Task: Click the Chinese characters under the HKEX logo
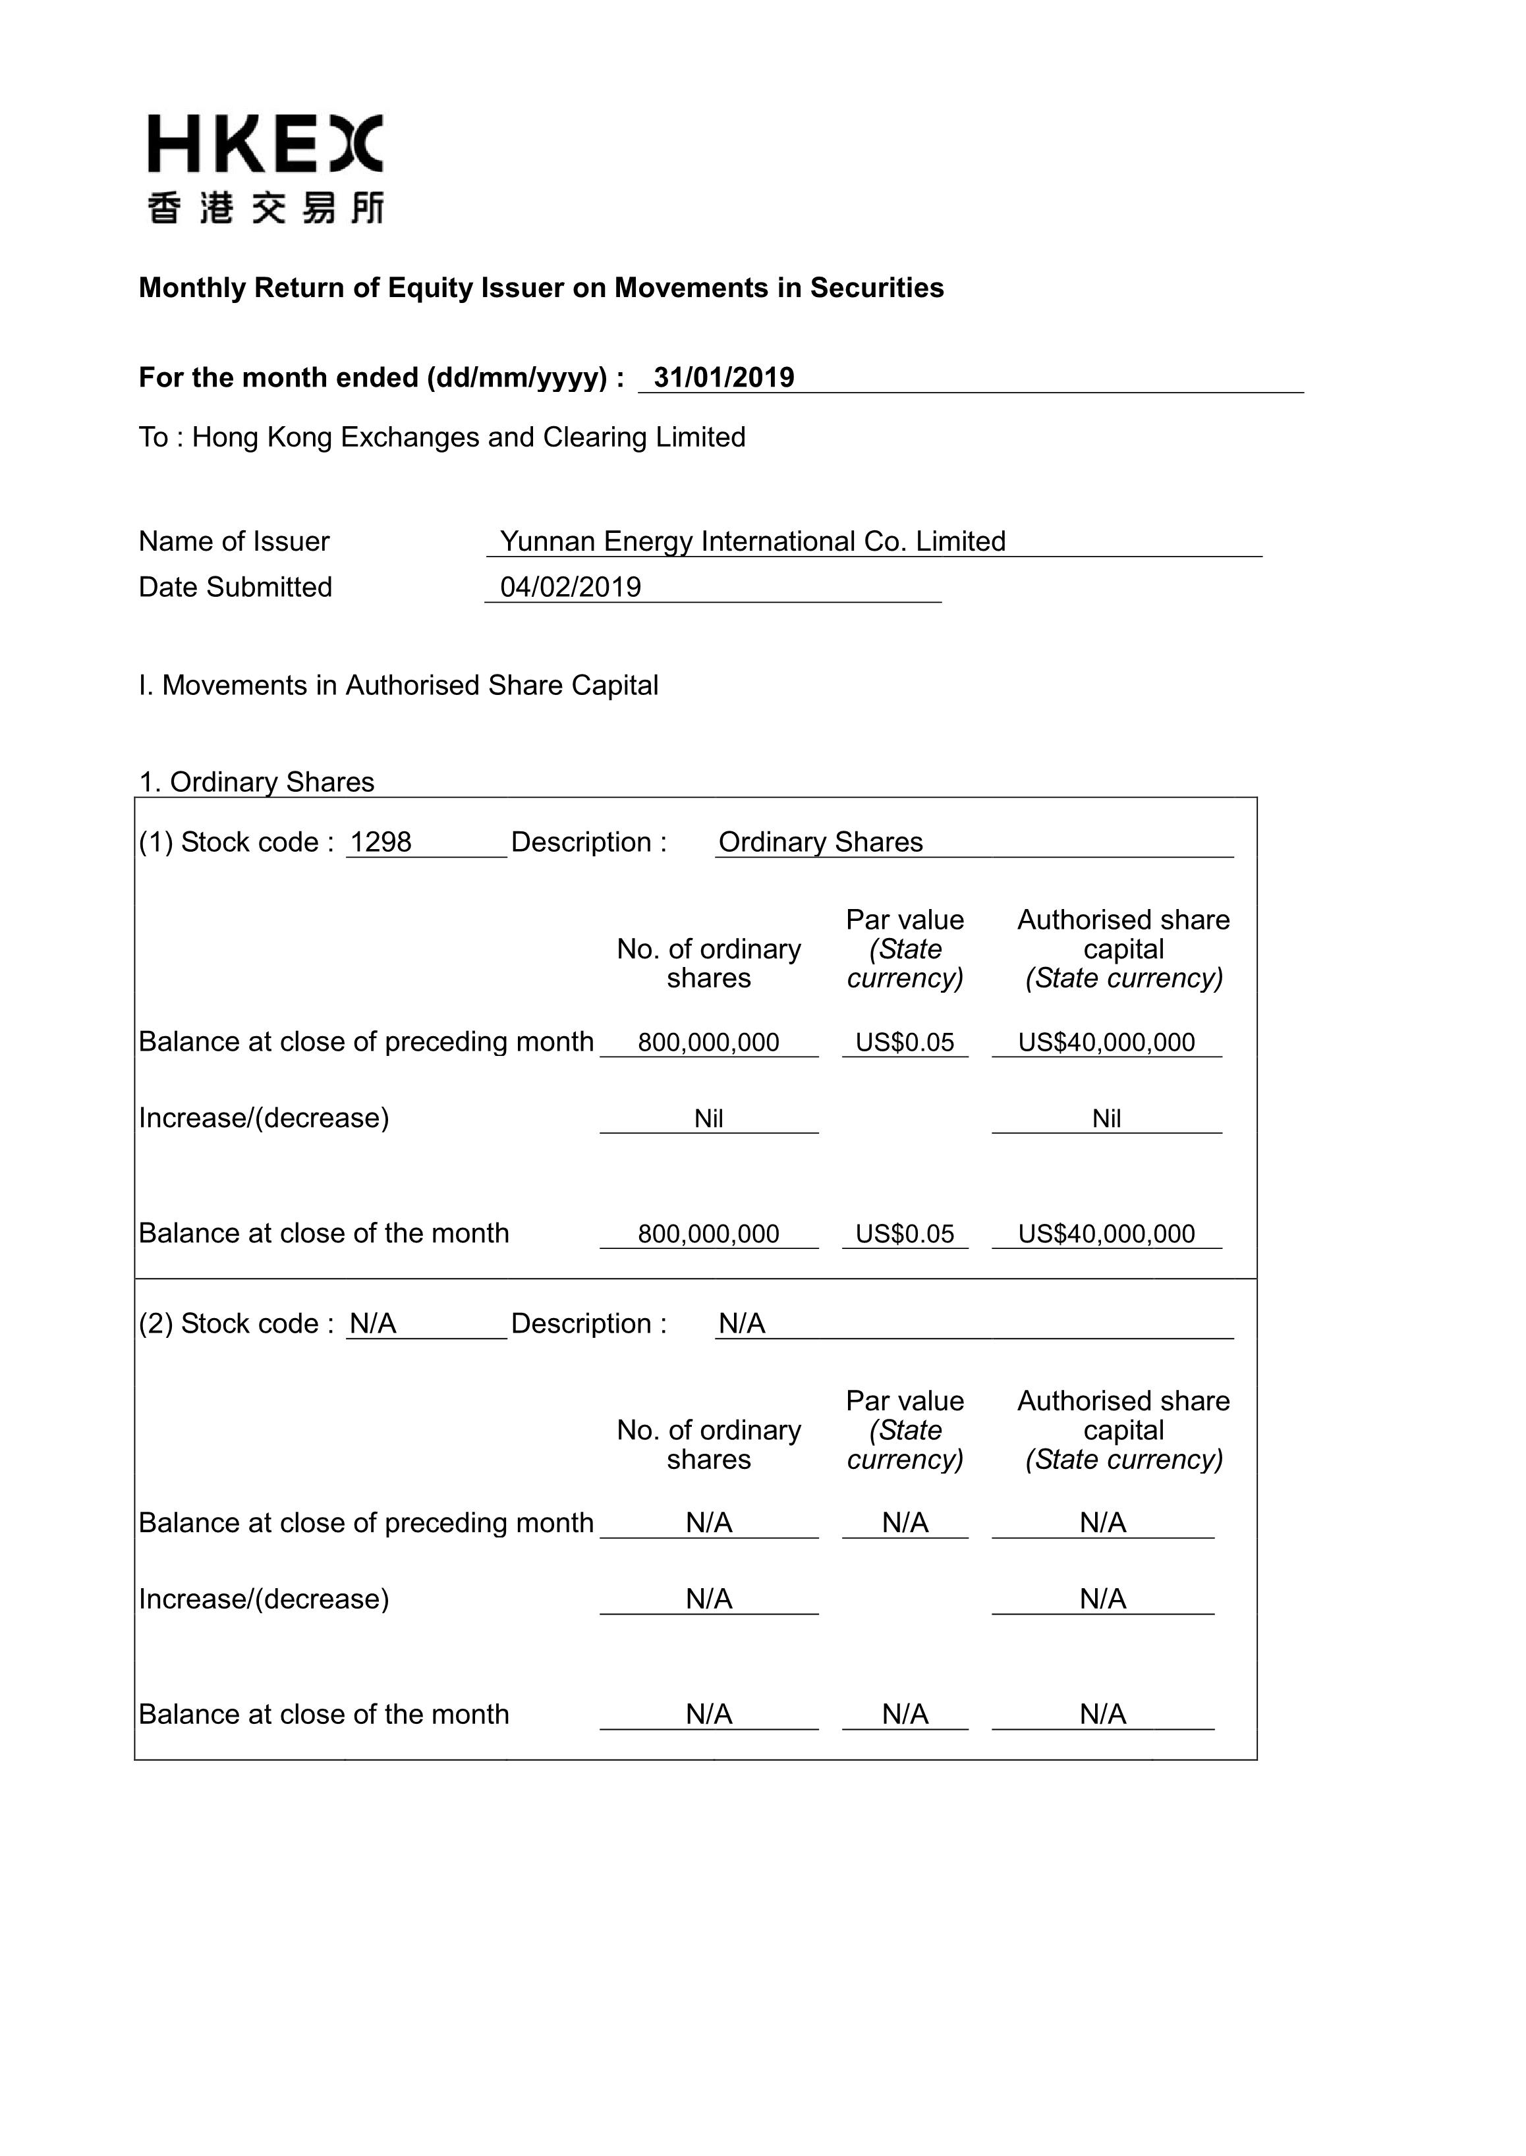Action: [265, 207]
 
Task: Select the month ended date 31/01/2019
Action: [723, 377]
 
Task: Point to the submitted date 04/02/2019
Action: [571, 587]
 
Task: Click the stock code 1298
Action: [381, 842]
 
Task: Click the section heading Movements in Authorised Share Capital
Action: [399, 685]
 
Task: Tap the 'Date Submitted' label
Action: [235, 587]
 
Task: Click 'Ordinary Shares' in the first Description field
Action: [820, 842]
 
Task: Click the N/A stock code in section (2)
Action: [373, 1323]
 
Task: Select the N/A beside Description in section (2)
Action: [741, 1323]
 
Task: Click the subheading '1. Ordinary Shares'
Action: [256, 782]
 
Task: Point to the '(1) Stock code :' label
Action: [236, 842]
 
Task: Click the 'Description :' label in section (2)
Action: [588, 1323]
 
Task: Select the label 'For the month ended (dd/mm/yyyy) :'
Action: [381, 377]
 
